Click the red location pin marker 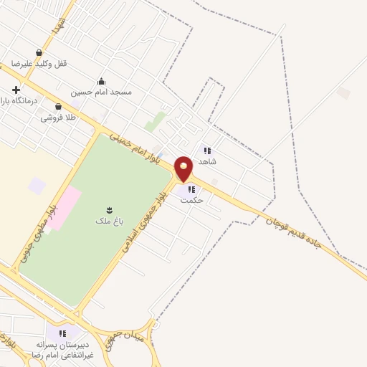point(184,169)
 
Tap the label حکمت point(192,200)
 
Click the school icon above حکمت point(191,189)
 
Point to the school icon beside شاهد point(207,151)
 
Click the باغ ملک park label point(109,221)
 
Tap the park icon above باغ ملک point(109,209)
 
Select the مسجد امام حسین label point(101,92)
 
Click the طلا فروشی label point(58,118)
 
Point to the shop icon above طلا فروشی point(58,107)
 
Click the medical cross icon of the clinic point(16,90)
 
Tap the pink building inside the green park point(65,208)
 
